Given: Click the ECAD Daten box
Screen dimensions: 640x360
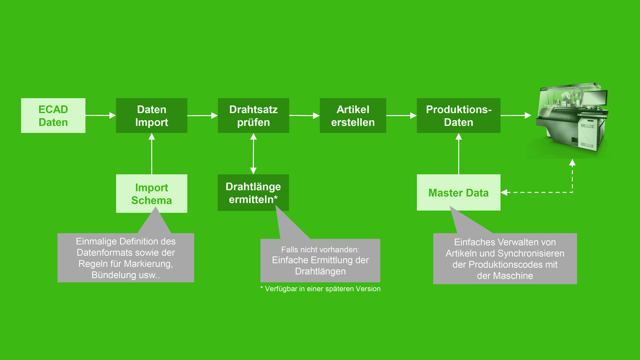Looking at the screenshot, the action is [x=53, y=115].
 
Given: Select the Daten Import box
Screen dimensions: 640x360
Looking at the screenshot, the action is [x=151, y=115].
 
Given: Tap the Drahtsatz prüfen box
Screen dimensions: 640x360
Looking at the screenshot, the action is [x=253, y=115].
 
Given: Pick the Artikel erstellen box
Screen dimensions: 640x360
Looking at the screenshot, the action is [x=353, y=115].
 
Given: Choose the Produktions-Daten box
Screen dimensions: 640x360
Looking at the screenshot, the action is [x=458, y=115].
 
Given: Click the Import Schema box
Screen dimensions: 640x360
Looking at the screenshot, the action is [x=151, y=194].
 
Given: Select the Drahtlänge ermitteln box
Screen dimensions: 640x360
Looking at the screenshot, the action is [x=253, y=192].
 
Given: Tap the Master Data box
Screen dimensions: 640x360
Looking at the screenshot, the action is [x=458, y=192].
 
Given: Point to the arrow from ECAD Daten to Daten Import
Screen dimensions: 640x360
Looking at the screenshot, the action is [x=101, y=115].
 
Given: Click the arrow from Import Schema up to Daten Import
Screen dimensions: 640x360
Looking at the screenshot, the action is [x=151, y=154].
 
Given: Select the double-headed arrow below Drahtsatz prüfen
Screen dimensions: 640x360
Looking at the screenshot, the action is [x=253, y=153].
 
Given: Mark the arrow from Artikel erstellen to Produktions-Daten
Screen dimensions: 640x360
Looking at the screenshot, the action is [x=402, y=115].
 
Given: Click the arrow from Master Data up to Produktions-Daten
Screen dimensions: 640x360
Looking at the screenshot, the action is [x=459, y=154].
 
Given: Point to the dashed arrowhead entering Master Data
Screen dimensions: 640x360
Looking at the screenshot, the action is [x=504, y=192].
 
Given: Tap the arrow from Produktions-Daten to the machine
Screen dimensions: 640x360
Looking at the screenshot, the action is [x=516, y=115].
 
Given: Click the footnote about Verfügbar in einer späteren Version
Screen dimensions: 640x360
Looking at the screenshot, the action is [x=321, y=289].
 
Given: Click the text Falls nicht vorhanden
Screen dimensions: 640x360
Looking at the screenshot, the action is [x=321, y=249].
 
